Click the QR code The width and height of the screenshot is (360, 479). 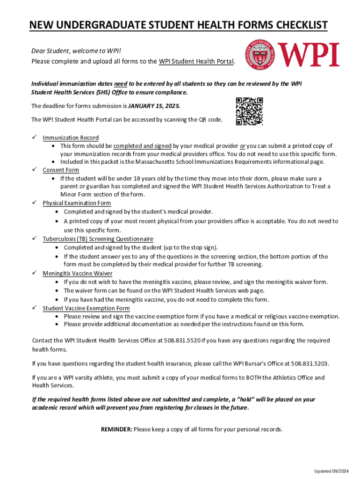[x=250, y=111]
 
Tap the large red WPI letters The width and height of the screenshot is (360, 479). [x=309, y=55]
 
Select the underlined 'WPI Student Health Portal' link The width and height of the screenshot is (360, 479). [x=196, y=62]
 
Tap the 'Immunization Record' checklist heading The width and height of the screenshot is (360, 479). [x=71, y=138]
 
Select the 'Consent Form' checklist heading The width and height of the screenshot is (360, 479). [x=61, y=170]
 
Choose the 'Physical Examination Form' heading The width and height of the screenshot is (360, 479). [x=77, y=203]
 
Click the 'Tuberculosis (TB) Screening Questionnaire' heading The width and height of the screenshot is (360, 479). [x=98, y=239]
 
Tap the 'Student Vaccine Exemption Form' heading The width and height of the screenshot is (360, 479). [x=86, y=308]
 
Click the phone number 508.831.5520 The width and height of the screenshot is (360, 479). [x=182, y=341]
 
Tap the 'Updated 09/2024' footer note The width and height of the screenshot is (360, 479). [x=331, y=470]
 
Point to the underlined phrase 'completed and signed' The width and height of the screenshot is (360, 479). [x=143, y=146]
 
